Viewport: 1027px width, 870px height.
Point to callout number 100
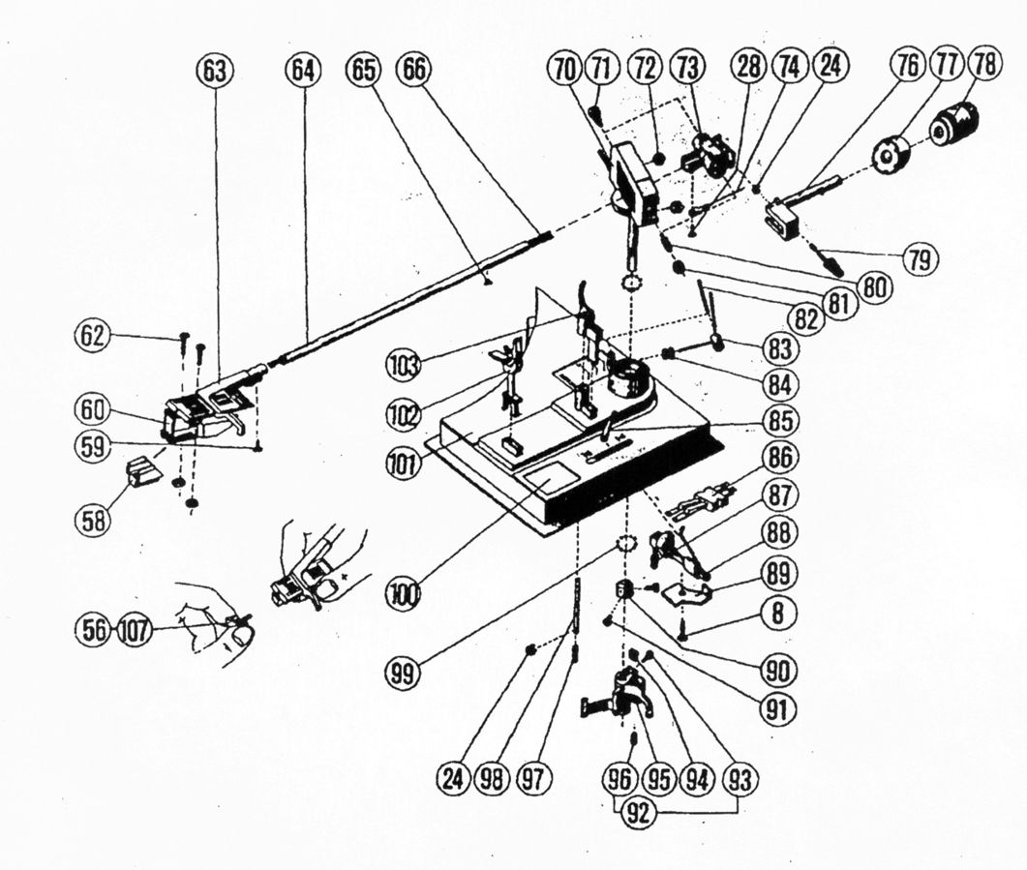click(406, 591)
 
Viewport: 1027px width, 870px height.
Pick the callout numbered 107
click(136, 630)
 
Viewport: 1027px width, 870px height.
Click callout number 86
click(777, 455)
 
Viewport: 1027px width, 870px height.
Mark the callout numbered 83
click(777, 349)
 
